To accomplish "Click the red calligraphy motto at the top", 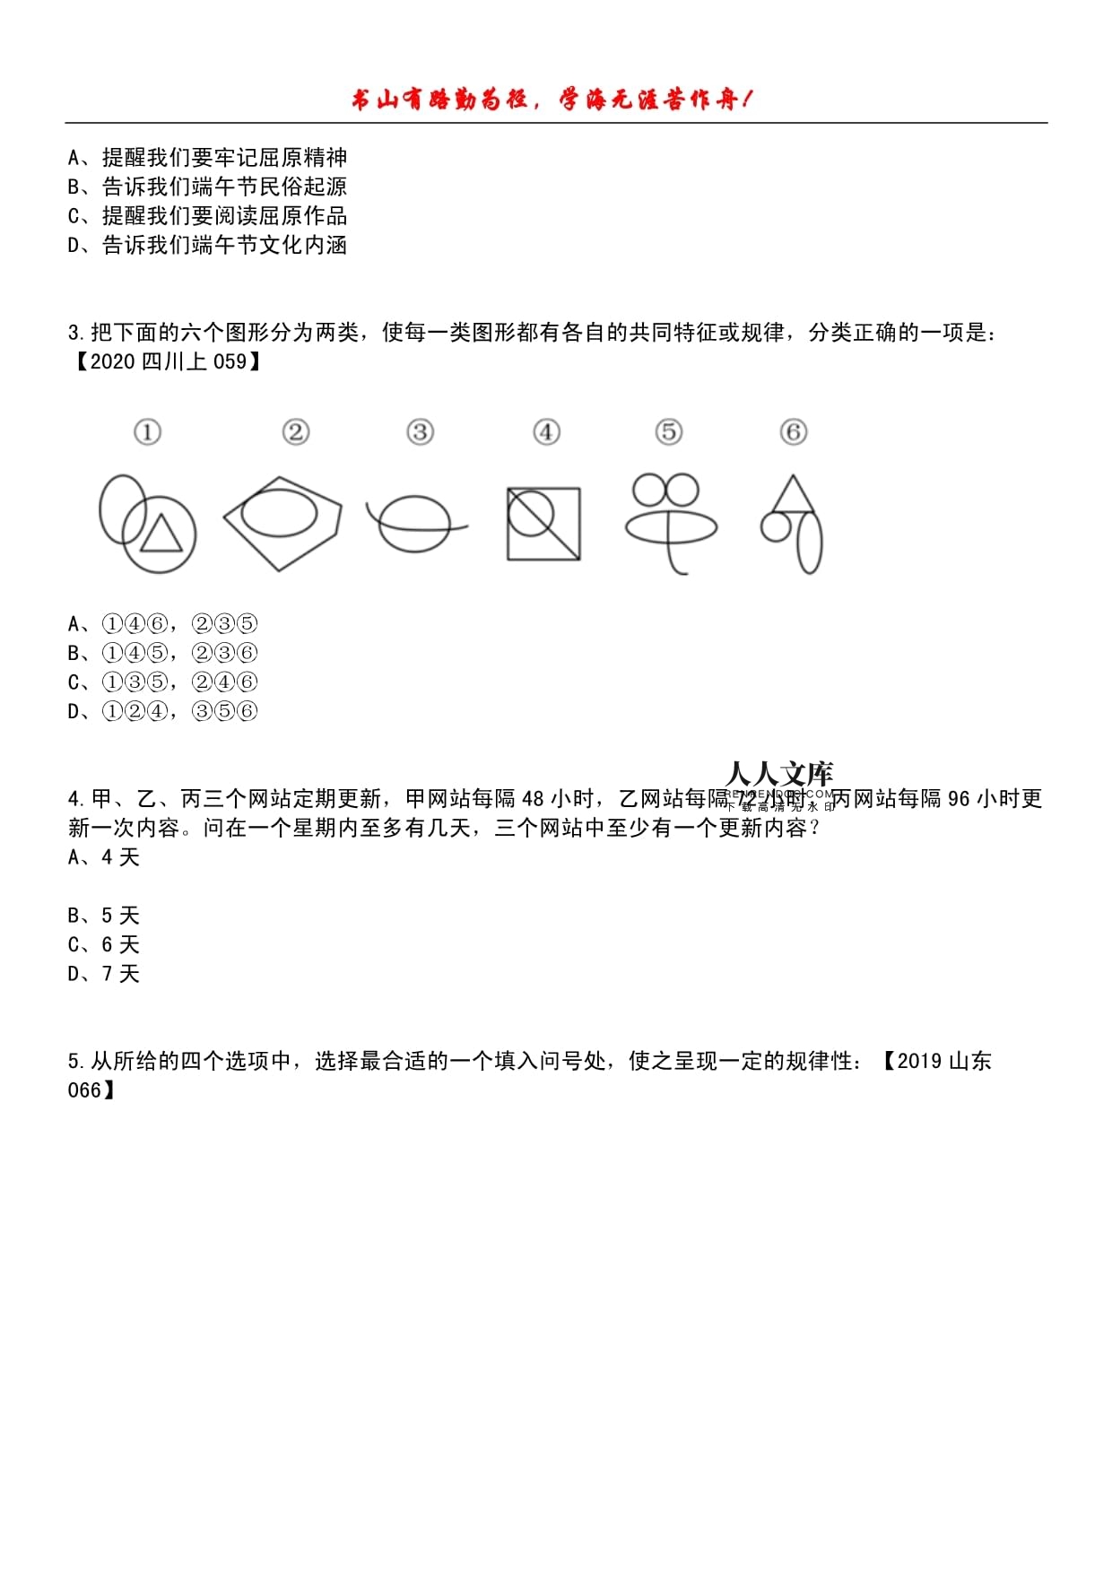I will (552, 100).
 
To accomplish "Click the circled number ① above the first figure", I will (147, 432).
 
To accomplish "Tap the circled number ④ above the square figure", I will (546, 432).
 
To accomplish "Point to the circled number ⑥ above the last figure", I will (793, 432).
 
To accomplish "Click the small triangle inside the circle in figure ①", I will (161, 534).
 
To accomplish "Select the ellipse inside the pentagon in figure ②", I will (280, 514).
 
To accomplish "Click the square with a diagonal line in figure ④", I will (543, 525).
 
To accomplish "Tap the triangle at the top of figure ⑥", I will (792, 495).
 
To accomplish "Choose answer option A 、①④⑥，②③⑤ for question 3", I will (162, 623).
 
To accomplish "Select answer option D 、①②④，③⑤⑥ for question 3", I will (162, 711).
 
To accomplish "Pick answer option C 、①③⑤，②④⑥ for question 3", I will (162, 682).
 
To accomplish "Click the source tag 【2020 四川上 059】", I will (167, 361).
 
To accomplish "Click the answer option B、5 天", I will (104, 916).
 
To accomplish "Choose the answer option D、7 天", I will (104, 974).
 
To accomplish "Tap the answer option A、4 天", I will (104, 857).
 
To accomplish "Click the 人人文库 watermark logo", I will (779, 776).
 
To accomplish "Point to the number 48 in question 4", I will (533, 799).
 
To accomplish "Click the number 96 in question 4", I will (959, 799).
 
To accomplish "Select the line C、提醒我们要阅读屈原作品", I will (207, 216).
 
